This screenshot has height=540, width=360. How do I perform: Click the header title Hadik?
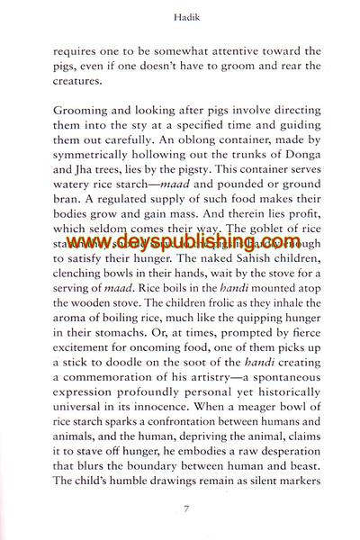point(179,15)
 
